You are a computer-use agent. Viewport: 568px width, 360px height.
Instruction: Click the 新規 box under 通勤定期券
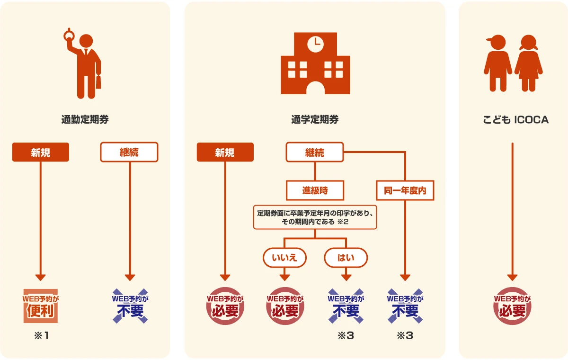pos(41,152)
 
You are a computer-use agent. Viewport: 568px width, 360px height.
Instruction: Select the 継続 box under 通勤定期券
pos(129,152)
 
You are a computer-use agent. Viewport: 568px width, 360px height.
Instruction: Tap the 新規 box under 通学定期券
pos(225,152)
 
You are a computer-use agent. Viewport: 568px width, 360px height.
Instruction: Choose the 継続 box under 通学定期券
pos(315,153)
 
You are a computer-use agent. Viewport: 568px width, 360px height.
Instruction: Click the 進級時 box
pos(315,190)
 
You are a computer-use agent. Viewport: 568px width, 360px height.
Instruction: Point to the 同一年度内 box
pos(405,191)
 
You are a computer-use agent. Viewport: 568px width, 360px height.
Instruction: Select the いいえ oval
pos(284,258)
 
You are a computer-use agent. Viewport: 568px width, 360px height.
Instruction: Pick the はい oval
pos(346,258)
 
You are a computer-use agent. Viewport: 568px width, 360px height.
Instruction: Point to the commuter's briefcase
pos(98,82)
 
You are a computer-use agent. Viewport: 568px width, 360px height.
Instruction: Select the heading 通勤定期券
pos(85,120)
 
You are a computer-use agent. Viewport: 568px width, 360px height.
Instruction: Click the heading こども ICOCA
pos(515,120)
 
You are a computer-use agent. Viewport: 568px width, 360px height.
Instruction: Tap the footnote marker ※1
pos(41,336)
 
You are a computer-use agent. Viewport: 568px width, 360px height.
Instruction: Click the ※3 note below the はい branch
pos(346,336)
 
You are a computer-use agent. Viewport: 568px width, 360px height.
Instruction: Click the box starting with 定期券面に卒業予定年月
pos(315,217)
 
